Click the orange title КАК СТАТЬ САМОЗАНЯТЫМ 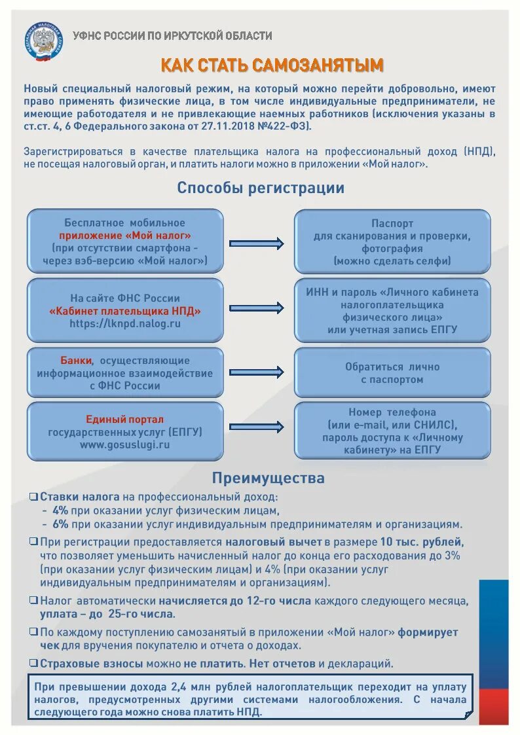(x=272, y=65)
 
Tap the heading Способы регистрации (x=261, y=188)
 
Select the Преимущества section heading (x=268, y=478)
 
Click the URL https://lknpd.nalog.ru (x=125, y=323)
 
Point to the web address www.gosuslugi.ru (x=125, y=444)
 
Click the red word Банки (x=77, y=361)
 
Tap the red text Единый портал (x=125, y=419)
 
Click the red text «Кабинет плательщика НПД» (x=125, y=311)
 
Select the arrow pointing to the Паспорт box (x=257, y=243)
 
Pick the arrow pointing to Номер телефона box (x=257, y=428)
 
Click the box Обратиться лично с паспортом (x=392, y=373)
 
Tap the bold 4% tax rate (x=60, y=511)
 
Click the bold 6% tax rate (x=60, y=524)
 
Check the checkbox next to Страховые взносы (x=33, y=663)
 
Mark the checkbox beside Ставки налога (x=33, y=497)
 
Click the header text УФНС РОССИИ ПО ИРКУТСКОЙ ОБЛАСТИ (x=172, y=36)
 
